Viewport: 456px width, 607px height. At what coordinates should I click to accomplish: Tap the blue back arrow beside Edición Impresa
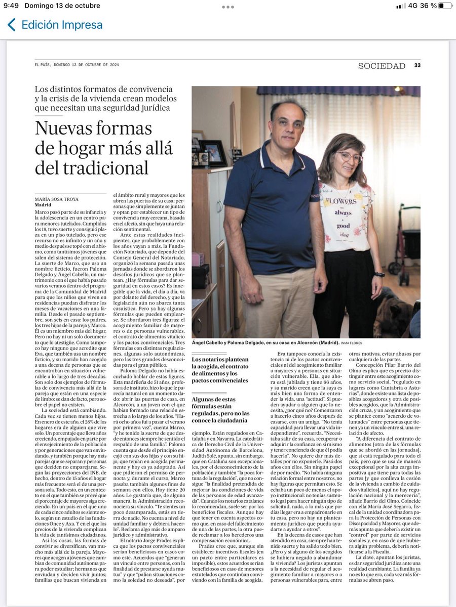pos(11,25)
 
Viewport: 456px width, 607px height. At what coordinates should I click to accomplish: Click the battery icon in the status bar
pos(445,6)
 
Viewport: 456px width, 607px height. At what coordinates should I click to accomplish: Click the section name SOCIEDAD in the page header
pos(382,66)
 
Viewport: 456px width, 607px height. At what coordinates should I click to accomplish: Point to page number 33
pos(417,66)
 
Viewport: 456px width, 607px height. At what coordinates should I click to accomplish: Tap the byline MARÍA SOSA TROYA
pos(57,199)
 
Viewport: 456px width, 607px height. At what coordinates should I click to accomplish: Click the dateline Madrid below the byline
pos(43,205)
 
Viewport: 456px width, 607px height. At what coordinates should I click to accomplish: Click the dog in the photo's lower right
pos(400,314)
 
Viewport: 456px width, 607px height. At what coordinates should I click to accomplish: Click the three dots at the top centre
pos(228,7)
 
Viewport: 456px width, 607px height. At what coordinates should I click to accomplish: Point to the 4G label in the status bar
pos(413,6)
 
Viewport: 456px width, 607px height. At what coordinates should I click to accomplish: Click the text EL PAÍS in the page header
pos(43,65)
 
